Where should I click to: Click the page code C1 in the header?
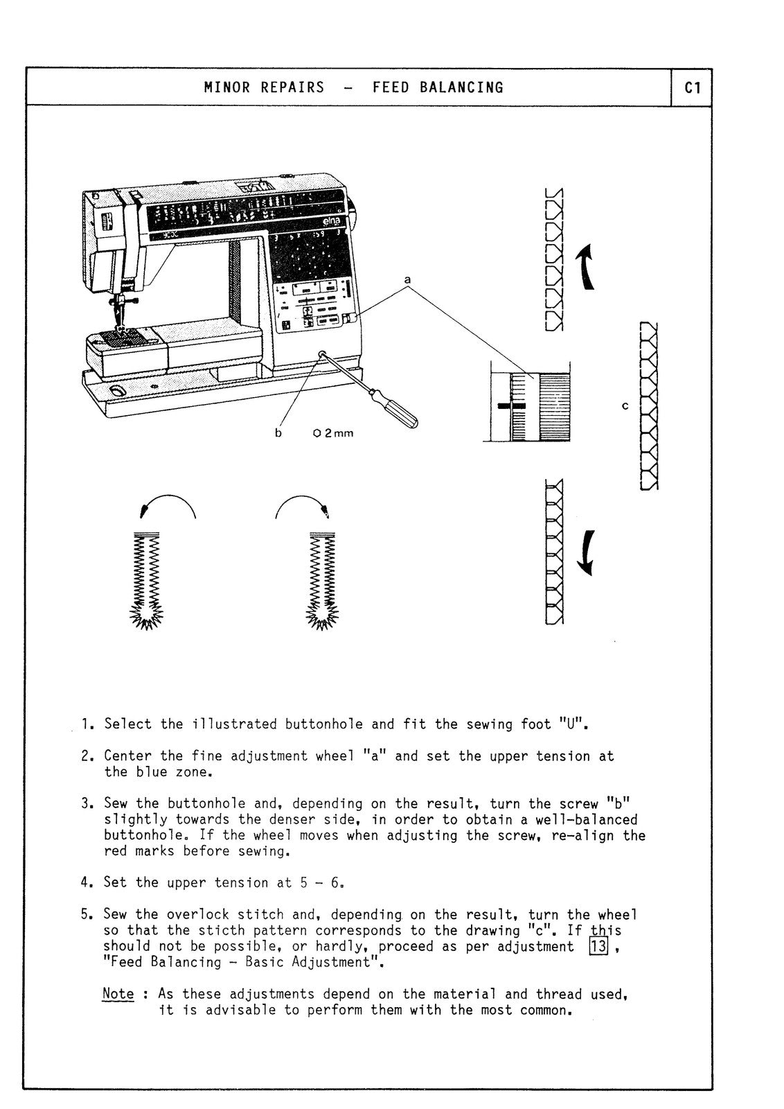click(x=692, y=88)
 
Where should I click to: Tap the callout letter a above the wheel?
click(x=407, y=279)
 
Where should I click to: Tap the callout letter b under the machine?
click(x=278, y=433)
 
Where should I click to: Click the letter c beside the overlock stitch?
click(x=625, y=405)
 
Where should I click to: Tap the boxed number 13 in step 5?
click(x=598, y=946)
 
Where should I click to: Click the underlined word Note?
click(x=118, y=994)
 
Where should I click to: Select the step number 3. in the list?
click(x=87, y=804)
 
